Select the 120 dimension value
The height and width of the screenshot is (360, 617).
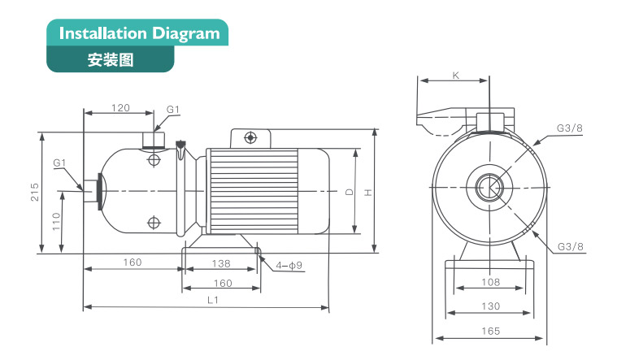121,108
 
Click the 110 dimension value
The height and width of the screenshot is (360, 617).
56,222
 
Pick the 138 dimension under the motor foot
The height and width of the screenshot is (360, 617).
220,263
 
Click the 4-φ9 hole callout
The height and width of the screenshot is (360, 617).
289,265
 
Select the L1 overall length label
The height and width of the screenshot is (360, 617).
213,300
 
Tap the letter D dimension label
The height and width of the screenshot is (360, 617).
349,193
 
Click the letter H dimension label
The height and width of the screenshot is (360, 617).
367,193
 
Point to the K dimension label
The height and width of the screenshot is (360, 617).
455,76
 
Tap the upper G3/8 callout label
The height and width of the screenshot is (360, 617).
569,128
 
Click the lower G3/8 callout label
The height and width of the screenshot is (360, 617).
571,246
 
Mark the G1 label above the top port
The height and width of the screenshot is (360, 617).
173,109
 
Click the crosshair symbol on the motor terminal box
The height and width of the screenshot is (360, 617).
250,139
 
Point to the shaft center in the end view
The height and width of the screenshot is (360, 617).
490,188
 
